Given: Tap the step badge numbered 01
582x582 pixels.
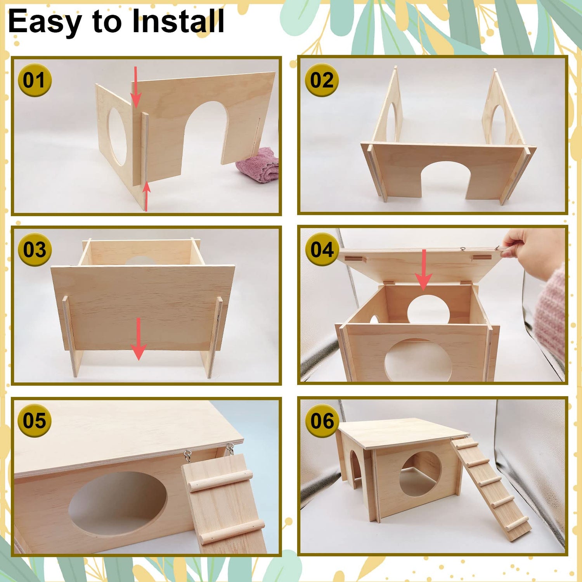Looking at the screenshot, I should [x=35, y=80].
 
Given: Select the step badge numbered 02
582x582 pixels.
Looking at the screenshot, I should [x=322, y=80].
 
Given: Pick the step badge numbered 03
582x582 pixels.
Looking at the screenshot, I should [x=35, y=249].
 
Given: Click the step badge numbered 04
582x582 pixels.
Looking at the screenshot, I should [x=322, y=249].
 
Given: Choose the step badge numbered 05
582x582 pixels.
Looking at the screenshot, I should [x=35, y=421].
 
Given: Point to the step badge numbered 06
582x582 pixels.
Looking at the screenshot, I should [x=322, y=421].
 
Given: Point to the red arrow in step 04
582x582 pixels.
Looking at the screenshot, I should [x=424, y=270].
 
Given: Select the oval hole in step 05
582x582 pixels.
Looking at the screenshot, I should [x=118, y=504].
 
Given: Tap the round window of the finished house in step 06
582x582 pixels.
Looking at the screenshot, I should [x=421, y=474].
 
